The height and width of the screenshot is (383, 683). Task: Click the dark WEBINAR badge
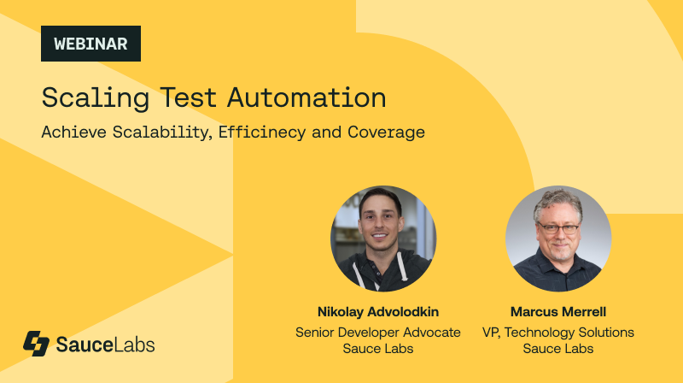point(90,43)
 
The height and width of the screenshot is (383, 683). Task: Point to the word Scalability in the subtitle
point(155,133)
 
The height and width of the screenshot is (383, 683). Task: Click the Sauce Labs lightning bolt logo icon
point(36,344)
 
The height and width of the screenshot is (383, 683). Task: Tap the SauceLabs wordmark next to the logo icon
point(105,345)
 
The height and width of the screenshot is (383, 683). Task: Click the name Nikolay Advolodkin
point(377,312)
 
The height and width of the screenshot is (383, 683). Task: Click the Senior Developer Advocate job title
point(377,331)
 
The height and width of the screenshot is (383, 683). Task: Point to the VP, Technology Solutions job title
point(557,331)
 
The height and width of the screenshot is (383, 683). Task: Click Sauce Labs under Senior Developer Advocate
point(377,348)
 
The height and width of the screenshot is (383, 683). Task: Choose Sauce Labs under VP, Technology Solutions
point(557,348)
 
